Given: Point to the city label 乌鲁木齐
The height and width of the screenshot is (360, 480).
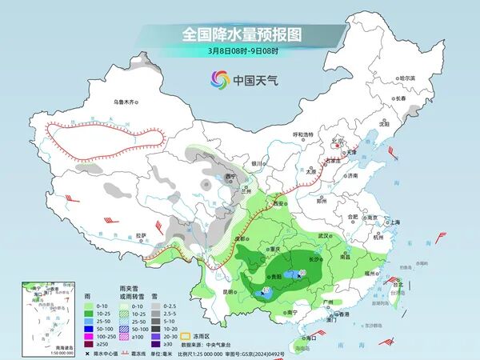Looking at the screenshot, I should pyautogui.click(x=126, y=102).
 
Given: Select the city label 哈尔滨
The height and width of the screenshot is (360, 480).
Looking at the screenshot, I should pyautogui.click(x=408, y=78).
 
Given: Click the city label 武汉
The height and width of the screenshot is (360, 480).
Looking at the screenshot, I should pyautogui.click(x=323, y=236).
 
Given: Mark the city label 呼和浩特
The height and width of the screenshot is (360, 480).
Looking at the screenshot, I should pyautogui.click(x=303, y=134).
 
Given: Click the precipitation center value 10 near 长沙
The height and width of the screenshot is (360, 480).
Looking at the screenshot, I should pyautogui.click(x=302, y=274).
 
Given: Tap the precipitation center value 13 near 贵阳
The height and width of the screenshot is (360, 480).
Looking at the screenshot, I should pyautogui.click(x=266, y=290).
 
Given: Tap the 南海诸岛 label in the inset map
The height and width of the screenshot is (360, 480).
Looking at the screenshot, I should pyautogui.click(x=32, y=346).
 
